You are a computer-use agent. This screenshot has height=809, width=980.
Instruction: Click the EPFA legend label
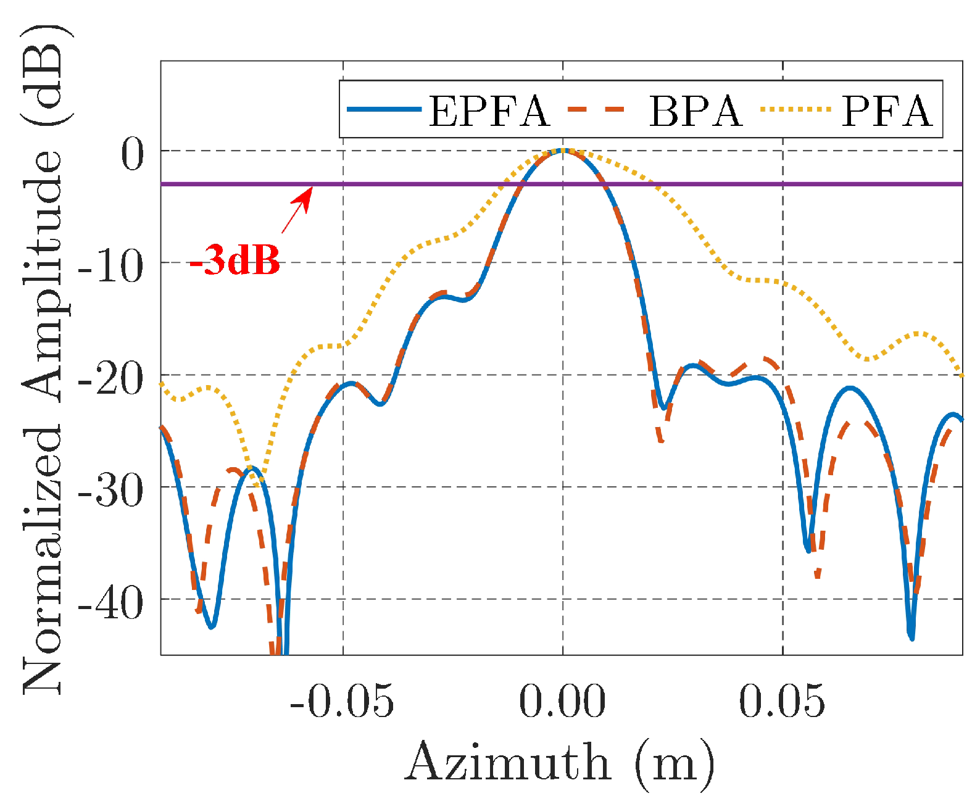(488, 112)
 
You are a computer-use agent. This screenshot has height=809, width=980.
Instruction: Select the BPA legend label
(695, 112)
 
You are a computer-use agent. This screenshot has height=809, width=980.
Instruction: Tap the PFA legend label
(887, 112)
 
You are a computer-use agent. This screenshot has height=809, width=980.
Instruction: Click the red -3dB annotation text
(235, 260)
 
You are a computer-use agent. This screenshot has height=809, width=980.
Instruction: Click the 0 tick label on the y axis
(131, 154)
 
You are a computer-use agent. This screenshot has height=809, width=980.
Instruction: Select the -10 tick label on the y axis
(110, 267)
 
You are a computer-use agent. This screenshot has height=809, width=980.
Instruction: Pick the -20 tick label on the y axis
(110, 379)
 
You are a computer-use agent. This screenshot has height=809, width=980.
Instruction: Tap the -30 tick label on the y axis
(110, 491)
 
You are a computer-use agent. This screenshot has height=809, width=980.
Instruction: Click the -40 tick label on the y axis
(110, 604)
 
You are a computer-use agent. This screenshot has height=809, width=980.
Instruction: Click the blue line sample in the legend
(383, 109)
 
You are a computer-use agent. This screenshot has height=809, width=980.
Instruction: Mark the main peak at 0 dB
(562, 151)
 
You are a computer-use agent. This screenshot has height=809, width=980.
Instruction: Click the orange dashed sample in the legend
(596, 109)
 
